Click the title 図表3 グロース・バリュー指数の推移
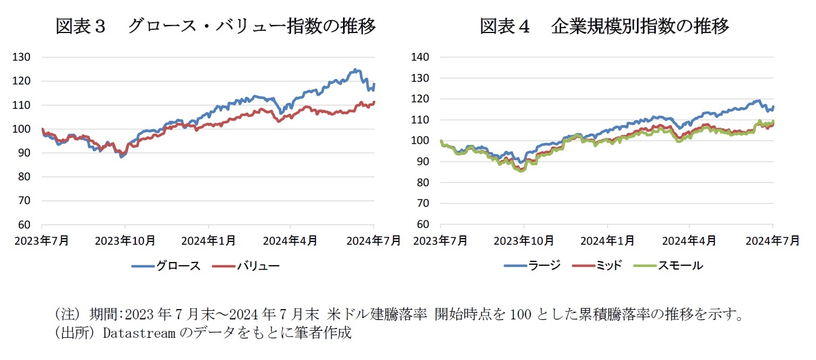215,26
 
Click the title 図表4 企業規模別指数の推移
604,26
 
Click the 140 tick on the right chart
420,57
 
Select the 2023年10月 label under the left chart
125,240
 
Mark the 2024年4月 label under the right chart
690,240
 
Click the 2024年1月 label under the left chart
208,240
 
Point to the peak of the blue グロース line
354,69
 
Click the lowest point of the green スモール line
522,171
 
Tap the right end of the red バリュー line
374,102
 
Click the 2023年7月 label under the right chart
440,240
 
